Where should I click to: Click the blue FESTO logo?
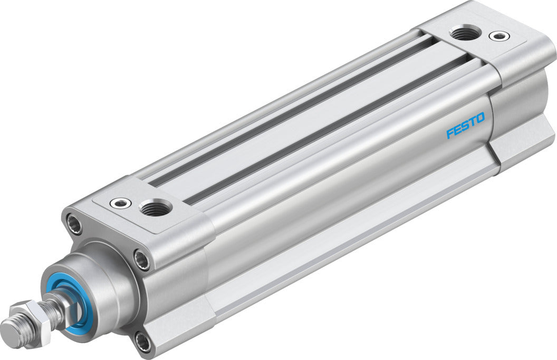click(x=465, y=125)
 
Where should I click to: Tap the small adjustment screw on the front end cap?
click(x=117, y=202)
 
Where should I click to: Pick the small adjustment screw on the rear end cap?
click(x=498, y=36)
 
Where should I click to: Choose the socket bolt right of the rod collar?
click(x=142, y=259)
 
